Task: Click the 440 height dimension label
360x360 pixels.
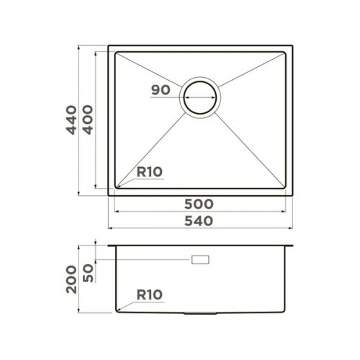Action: point(71,120)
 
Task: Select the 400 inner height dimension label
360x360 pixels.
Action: point(88,120)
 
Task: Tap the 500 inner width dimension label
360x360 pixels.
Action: point(199,204)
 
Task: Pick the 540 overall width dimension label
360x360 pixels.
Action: point(199,221)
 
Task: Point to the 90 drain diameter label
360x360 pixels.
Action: point(161,90)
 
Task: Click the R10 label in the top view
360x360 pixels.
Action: point(150,172)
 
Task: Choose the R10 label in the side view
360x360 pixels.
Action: point(150,294)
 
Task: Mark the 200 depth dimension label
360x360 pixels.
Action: point(71,279)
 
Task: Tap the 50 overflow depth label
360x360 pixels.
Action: point(88,273)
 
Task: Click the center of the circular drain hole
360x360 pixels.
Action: point(200,97)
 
